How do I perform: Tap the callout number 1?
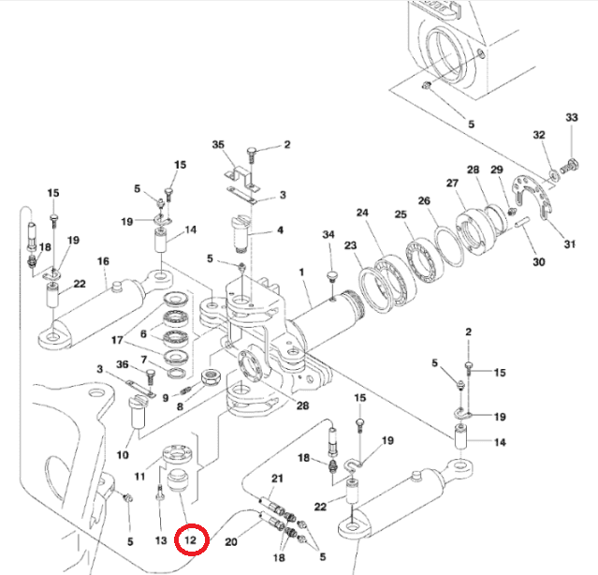(302, 273)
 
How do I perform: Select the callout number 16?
(103, 261)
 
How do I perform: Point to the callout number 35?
(219, 145)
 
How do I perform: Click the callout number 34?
(328, 234)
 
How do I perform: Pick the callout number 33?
(572, 117)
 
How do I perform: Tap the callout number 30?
(538, 262)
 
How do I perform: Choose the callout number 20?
(231, 540)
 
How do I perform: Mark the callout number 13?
(160, 540)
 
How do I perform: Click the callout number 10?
(123, 456)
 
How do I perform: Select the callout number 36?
(122, 365)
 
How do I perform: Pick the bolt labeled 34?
(331, 273)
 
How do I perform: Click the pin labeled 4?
(241, 236)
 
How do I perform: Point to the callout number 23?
(351, 246)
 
